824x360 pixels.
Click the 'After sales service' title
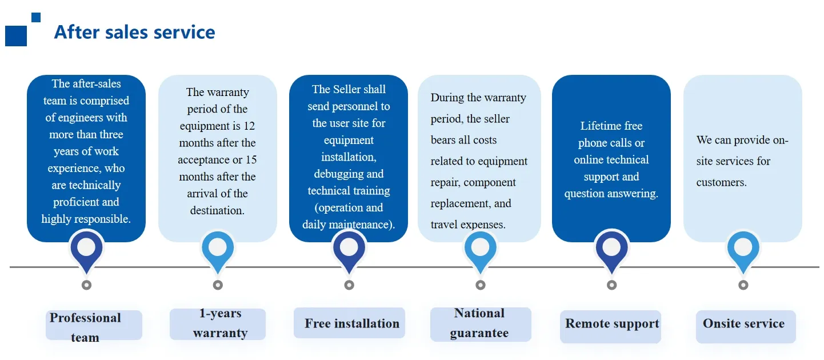tap(135, 32)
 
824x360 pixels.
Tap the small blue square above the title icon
tap(36, 17)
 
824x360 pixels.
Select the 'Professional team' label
tap(85, 327)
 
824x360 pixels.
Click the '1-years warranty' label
tap(221, 323)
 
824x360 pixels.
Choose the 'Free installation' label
tap(352, 323)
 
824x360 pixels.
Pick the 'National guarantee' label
tap(479, 323)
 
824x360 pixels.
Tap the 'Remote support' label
tap(612, 323)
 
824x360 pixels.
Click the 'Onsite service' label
tap(743, 323)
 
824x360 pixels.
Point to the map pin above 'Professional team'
tap(86, 252)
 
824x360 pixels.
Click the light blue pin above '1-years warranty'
tap(218, 252)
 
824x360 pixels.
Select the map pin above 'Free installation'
tap(349, 252)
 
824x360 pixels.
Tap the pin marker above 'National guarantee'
tap(481, 252)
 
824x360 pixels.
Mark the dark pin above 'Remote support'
tap(612, 252)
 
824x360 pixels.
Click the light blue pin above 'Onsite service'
tap(743, 252)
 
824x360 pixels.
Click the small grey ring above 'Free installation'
tap(349, 285)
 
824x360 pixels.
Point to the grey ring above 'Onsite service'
tap(743, 285)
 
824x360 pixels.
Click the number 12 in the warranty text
tap(249, 126)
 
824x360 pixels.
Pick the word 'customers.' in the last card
tap(721, 182)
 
